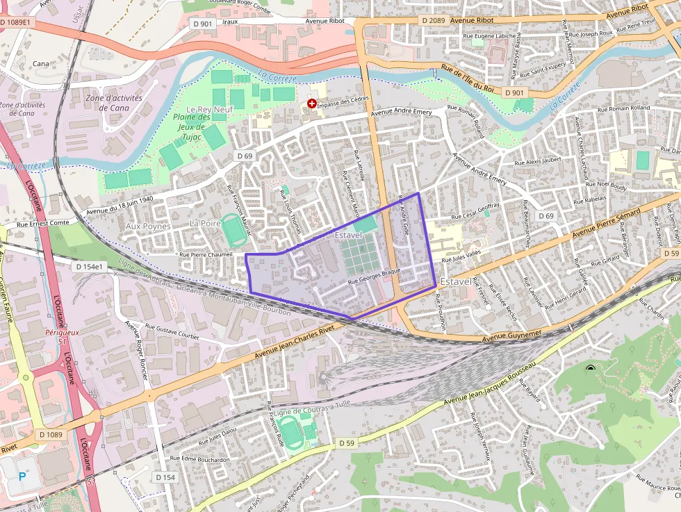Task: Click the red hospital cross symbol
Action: tap(312, 103)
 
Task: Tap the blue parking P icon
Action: tap(22, 476)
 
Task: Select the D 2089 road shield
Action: tap(433, 21)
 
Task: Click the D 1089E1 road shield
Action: tap(15, 22)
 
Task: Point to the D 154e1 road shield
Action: tap(89, 267)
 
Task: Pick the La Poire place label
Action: tap(205, 224)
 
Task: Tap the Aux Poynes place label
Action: tap(148, 226)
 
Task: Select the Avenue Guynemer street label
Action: tap(511, 336)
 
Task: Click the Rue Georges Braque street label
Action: tap(375, 276)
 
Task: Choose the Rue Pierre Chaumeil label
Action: tap(206, 254)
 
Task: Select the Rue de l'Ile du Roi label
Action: tap(477, 79)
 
